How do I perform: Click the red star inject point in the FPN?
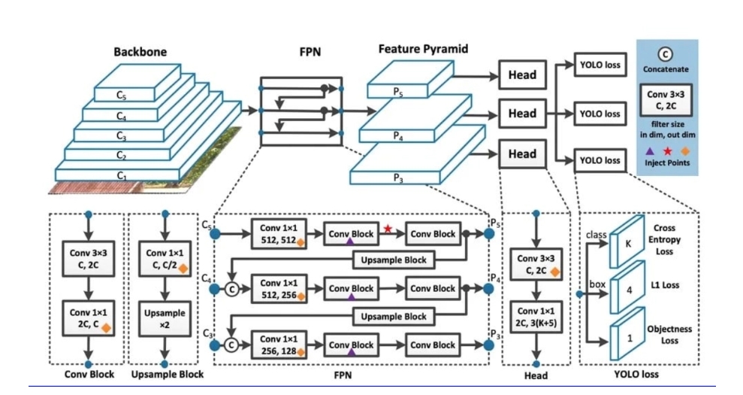tap(388, 229)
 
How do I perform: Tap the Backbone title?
tap(140, 53)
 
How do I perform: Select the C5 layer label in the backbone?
tap(122, 96)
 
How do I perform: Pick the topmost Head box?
tap(522, 74)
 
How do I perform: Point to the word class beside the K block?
tap(596, 235)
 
